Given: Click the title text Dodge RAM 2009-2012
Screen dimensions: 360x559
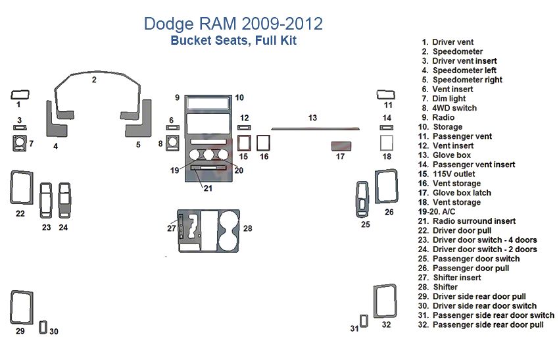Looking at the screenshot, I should [x=233, y=24].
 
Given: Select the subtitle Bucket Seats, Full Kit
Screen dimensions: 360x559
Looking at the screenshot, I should [x=233, y=41].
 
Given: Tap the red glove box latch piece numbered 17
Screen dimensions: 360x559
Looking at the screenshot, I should [x=341, y=145].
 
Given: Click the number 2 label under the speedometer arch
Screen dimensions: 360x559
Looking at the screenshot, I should [x=94, y=80].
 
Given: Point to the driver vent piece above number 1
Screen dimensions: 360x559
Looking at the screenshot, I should [x=20, y=93].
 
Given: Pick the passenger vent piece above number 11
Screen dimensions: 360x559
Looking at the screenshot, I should [x=385, y=93].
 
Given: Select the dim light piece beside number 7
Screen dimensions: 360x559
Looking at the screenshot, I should [x=19, y=143].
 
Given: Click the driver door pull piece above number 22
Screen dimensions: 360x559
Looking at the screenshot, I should [x=22, y=187].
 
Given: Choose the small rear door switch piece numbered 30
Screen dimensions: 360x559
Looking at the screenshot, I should [x=43, y=327].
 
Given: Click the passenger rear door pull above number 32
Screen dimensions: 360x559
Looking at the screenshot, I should [x=384, y=302].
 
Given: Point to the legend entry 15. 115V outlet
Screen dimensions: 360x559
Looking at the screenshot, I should [x=454, y=174].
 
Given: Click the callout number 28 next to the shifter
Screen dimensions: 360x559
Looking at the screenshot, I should [x=247, y=228].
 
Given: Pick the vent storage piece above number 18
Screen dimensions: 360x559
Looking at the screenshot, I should [x=387, y=143].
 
